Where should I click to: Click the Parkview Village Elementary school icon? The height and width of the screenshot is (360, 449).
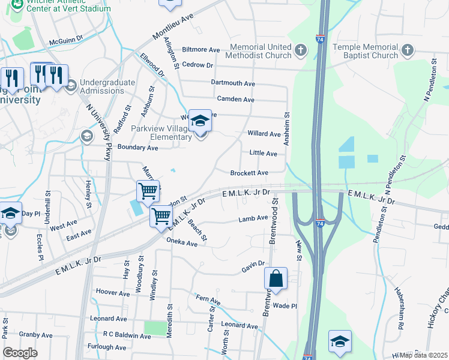(x=200, y=121)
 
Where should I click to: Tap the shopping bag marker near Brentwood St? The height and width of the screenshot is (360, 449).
(x=276, y=278)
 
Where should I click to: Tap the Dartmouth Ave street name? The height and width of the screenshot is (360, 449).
(x=233, y=83)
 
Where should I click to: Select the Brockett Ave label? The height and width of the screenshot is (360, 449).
(x=249, y=173)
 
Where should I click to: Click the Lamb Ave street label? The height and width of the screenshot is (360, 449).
(x=253, y=218)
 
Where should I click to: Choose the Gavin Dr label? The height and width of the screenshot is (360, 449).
(x=253, y=264)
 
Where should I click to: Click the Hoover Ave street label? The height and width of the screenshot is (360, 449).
(x=113, y=293)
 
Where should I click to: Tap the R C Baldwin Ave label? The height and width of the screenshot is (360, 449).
(x=127, y=336)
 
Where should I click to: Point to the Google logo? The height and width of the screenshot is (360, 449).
(x=20, y=352)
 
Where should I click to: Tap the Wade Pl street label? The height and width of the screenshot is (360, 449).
(x=285, y=305)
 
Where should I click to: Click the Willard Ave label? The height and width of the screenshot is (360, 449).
(x=264, y=134)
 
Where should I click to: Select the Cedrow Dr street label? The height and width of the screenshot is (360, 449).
(x=197, y=65)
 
